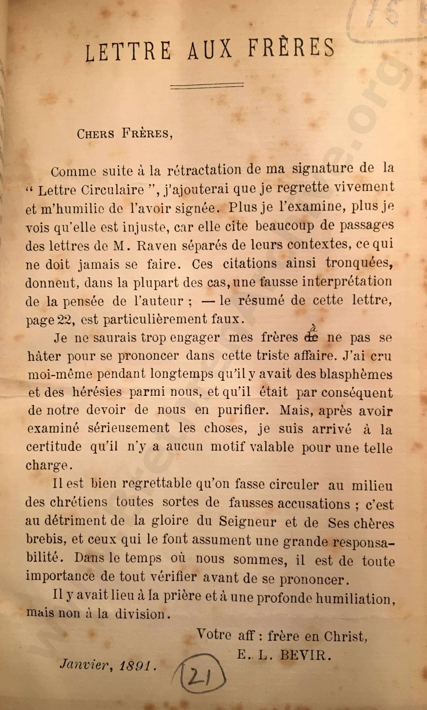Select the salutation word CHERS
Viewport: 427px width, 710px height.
tap(95, 134)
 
